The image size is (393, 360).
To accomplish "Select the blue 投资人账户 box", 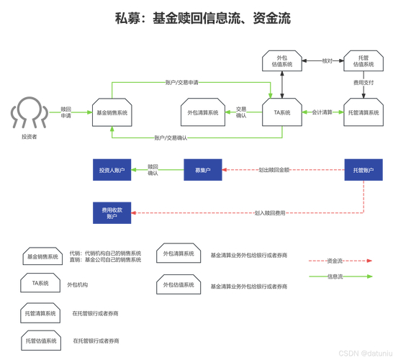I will click(112, 170).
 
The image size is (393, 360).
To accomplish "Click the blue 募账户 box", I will click(202, 170).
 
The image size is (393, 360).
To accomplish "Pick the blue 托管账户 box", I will click(363, 170).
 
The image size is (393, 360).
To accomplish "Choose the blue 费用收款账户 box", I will click(112, 212).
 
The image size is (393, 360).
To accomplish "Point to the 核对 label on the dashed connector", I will click(327, 60).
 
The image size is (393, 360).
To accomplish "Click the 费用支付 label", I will click(363, 84).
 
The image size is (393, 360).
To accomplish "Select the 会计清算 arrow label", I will click(322, 112).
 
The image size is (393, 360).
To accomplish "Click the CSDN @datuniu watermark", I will click(363, 354).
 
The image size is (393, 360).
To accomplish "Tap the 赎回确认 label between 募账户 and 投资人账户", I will click(153, 170).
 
